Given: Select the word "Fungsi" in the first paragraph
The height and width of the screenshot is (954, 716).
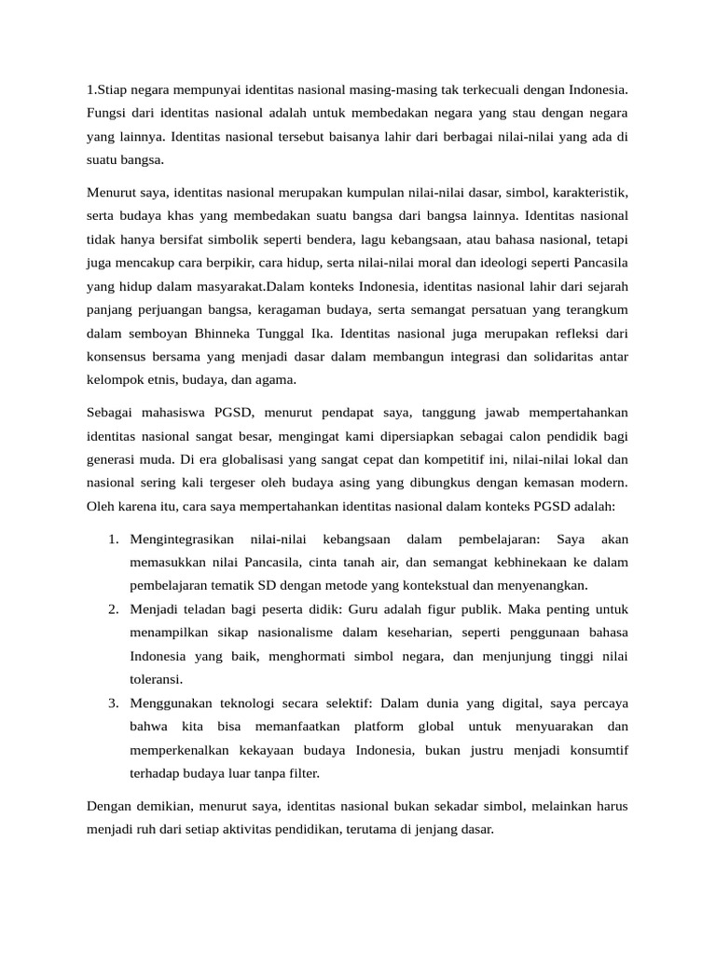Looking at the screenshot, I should coord(106,113).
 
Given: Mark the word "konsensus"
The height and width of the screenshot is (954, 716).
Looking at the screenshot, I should coord(114,357).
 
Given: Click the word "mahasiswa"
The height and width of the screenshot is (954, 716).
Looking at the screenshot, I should coord(171,412).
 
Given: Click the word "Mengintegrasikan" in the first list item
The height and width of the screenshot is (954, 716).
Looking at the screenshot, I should coord(182,538).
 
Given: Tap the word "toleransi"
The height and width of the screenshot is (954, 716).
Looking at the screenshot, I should coord(155,679).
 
